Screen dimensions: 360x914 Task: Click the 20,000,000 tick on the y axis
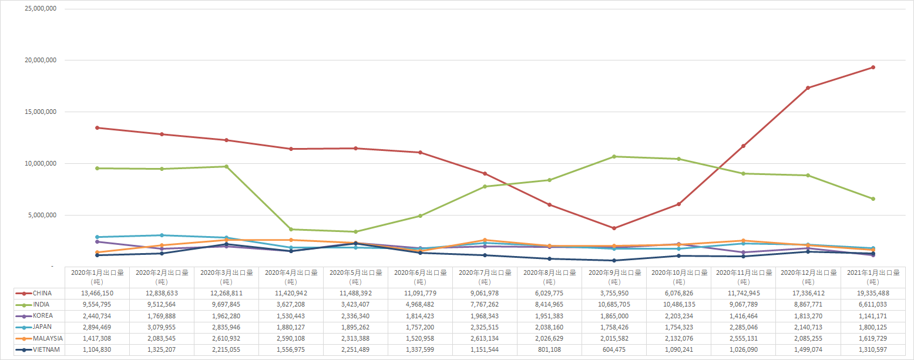39,60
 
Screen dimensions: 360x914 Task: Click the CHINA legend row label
42,293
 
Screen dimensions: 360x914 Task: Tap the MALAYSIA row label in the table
48,338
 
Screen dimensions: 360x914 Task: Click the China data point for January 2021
873,67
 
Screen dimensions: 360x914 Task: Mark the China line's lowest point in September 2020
614,228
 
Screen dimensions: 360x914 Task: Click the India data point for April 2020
291,229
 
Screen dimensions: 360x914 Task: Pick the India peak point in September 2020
614,156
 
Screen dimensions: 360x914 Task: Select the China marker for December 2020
808,88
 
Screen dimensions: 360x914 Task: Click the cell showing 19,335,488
873,293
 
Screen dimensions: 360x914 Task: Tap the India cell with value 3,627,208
291,304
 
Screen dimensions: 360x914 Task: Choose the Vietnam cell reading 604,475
614,349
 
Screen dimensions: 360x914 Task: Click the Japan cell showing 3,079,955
162,327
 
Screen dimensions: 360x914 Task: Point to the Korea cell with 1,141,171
873,315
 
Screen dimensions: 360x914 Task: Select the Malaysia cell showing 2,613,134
485,338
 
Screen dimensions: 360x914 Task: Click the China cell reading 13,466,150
97,293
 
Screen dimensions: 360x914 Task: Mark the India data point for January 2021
873,198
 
